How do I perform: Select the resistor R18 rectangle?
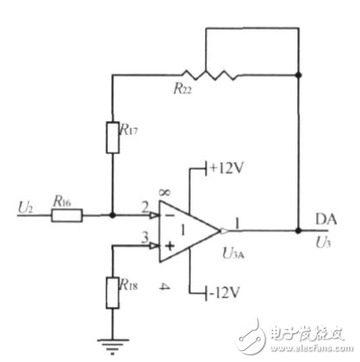coord(113,292)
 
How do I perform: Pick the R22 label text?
coord(183,87)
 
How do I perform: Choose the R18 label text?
coord(130,287)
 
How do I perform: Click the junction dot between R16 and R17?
coord(113,215)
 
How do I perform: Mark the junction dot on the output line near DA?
coord(298,230)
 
